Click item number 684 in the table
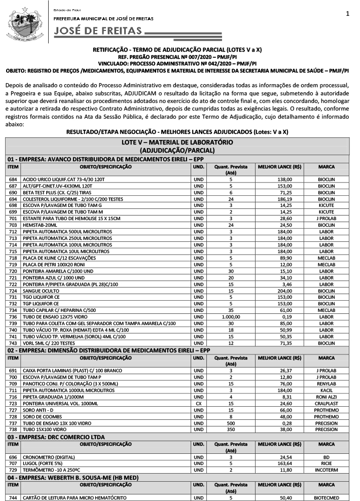(x=13, y=179)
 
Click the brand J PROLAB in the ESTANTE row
(x=326, y=218)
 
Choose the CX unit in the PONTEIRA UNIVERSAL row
(x=199, y=404)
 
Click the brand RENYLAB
(x=326, y=384)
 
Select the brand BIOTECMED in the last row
(x=326, y=497)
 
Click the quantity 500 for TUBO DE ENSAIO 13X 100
(x=230, y=423)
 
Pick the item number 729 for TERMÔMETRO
(x=13, y=470)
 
